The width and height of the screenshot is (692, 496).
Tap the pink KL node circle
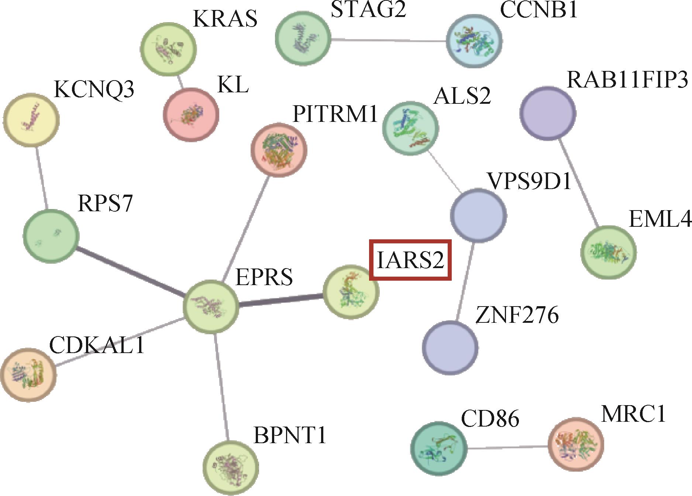point(191,114)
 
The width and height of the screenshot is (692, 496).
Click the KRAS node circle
point(169,49)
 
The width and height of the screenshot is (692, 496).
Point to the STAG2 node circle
point(303,38)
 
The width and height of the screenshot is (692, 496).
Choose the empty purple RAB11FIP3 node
point(548,112)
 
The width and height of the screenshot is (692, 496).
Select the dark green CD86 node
point(438,448)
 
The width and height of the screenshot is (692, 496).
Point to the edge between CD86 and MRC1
point(506,447)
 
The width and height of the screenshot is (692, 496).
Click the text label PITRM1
point(335,114)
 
